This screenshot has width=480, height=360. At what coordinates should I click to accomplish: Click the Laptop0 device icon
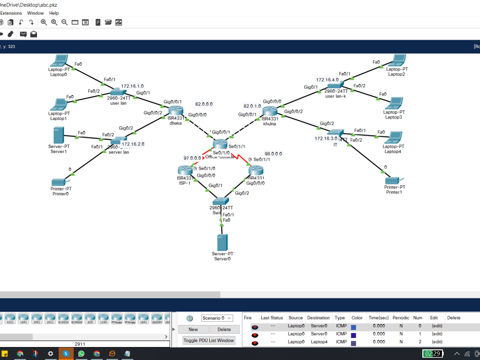click(x=60, y=61)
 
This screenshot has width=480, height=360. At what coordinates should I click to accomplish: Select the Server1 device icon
click(x=59, y=135)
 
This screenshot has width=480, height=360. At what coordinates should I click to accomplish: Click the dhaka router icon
click(x=176, y=110)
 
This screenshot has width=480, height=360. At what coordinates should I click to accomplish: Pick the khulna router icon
click(x=270, y=111)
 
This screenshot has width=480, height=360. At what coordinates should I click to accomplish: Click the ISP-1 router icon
click(x=184, y=170)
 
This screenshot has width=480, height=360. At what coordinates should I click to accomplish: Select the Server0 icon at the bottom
click(x=222, y=242)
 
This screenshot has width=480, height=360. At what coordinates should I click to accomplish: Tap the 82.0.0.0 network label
click(x=204, y=104)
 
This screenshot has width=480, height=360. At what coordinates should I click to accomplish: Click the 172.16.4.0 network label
click(x=327, y=80)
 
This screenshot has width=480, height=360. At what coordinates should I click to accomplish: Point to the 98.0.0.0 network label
click(x=273, y=154)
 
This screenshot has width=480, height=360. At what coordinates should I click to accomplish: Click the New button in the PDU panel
click(x=193, y=329)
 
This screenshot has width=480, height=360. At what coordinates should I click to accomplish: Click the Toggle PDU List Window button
click(x=209, y=340)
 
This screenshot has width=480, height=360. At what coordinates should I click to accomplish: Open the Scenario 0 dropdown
click(x=216, y=318)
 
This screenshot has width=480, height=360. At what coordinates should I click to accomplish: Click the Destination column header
click(x=318, y=318)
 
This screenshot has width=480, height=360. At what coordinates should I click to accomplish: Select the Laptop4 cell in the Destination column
click(x=318, y=342)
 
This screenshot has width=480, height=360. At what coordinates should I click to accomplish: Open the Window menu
click(x=36, y=13)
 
